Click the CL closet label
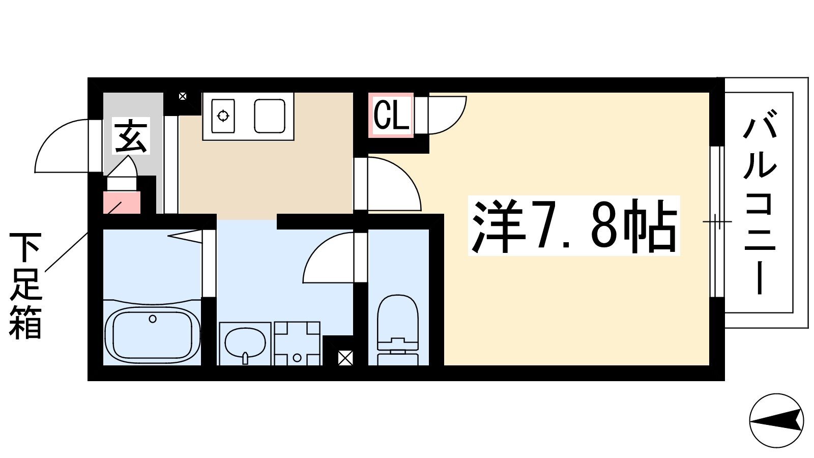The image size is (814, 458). click(391, 115)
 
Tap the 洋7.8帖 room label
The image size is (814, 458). click(574, 226)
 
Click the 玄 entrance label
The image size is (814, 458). click(131, 136)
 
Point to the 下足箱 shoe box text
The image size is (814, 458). click(25, 285)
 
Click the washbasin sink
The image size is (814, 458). click(245, 343)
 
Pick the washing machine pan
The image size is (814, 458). click(297, 343)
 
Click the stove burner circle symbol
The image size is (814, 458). click(223, 116)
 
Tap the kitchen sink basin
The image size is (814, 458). click(269, 116)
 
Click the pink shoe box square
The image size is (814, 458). click(122, 203)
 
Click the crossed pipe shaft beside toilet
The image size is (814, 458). click(345, 358)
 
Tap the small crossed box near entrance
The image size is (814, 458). click(183, 96)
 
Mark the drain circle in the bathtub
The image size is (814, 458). click(153, 319)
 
